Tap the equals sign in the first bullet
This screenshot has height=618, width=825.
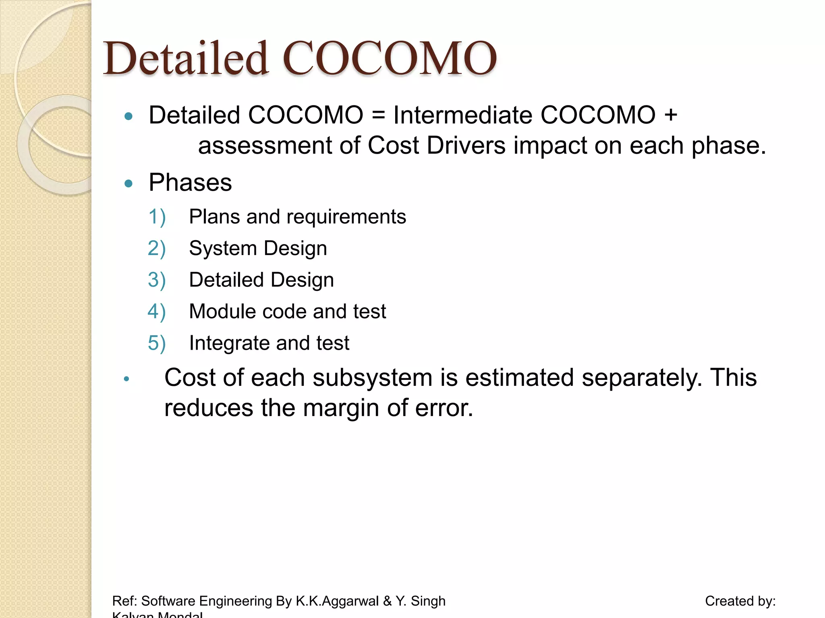click(378, 115)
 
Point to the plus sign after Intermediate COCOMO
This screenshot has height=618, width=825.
click(671, 115)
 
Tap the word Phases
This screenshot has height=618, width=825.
click(190, 183)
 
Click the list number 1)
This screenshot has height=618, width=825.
click(157, 217)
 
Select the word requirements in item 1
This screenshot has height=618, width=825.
click(346, 217)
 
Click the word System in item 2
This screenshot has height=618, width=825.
click(223, 248)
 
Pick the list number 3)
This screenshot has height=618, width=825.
click(157, 280)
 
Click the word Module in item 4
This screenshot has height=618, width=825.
click(222, 311)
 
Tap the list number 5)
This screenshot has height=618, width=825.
click(157, 343)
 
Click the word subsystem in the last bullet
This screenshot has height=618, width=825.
click(372, 378)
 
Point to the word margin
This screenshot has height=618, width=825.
click(341, 408)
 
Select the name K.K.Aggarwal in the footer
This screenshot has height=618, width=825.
click(337, 601)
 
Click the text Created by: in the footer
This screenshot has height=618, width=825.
click(740, 601)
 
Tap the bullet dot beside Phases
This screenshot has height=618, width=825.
click(129, 184)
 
